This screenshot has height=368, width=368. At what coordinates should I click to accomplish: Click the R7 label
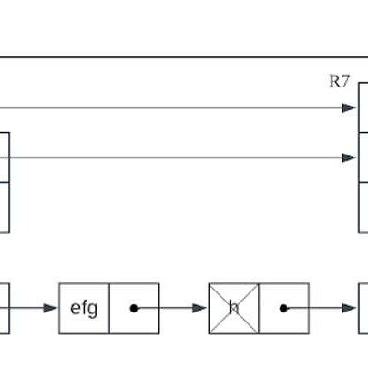coord(339,81)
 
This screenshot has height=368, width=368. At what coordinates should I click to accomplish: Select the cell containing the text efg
coord(84,308)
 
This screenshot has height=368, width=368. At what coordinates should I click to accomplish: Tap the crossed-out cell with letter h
coord(233,308)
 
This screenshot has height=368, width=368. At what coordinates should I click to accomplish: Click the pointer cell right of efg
coord(135,308)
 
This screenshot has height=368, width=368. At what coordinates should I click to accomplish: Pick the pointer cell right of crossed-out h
coord(284,308)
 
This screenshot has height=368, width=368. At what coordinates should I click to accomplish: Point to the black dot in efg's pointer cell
coord(134,308)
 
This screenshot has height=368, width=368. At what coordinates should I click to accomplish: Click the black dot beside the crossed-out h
coord(283,308)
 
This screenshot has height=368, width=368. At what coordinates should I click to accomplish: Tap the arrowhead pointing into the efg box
coord(52,308)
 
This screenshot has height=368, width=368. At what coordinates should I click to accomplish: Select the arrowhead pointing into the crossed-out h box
coord(201,308)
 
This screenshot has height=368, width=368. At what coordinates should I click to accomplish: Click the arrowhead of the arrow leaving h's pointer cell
coord(351,308)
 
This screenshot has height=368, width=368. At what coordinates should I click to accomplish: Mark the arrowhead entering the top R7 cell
coord(351,108)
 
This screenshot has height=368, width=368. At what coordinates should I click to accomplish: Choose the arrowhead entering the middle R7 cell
coord(351,158)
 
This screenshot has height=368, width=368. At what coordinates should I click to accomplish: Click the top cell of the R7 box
coord(363,108)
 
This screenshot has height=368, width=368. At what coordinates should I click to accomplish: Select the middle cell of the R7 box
coord(363,158)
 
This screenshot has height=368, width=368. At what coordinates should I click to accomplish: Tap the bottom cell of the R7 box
coord(363,208)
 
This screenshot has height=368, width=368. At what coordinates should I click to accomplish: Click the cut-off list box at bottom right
coord(363,308)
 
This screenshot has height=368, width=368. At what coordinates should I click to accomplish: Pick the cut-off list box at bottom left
coord(5,308)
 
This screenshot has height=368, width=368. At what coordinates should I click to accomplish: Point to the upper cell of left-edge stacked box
coord(5,158)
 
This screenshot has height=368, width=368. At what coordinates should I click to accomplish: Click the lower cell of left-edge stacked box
coord(5,208)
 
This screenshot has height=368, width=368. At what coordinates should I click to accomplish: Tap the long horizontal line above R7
coord(182,58)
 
